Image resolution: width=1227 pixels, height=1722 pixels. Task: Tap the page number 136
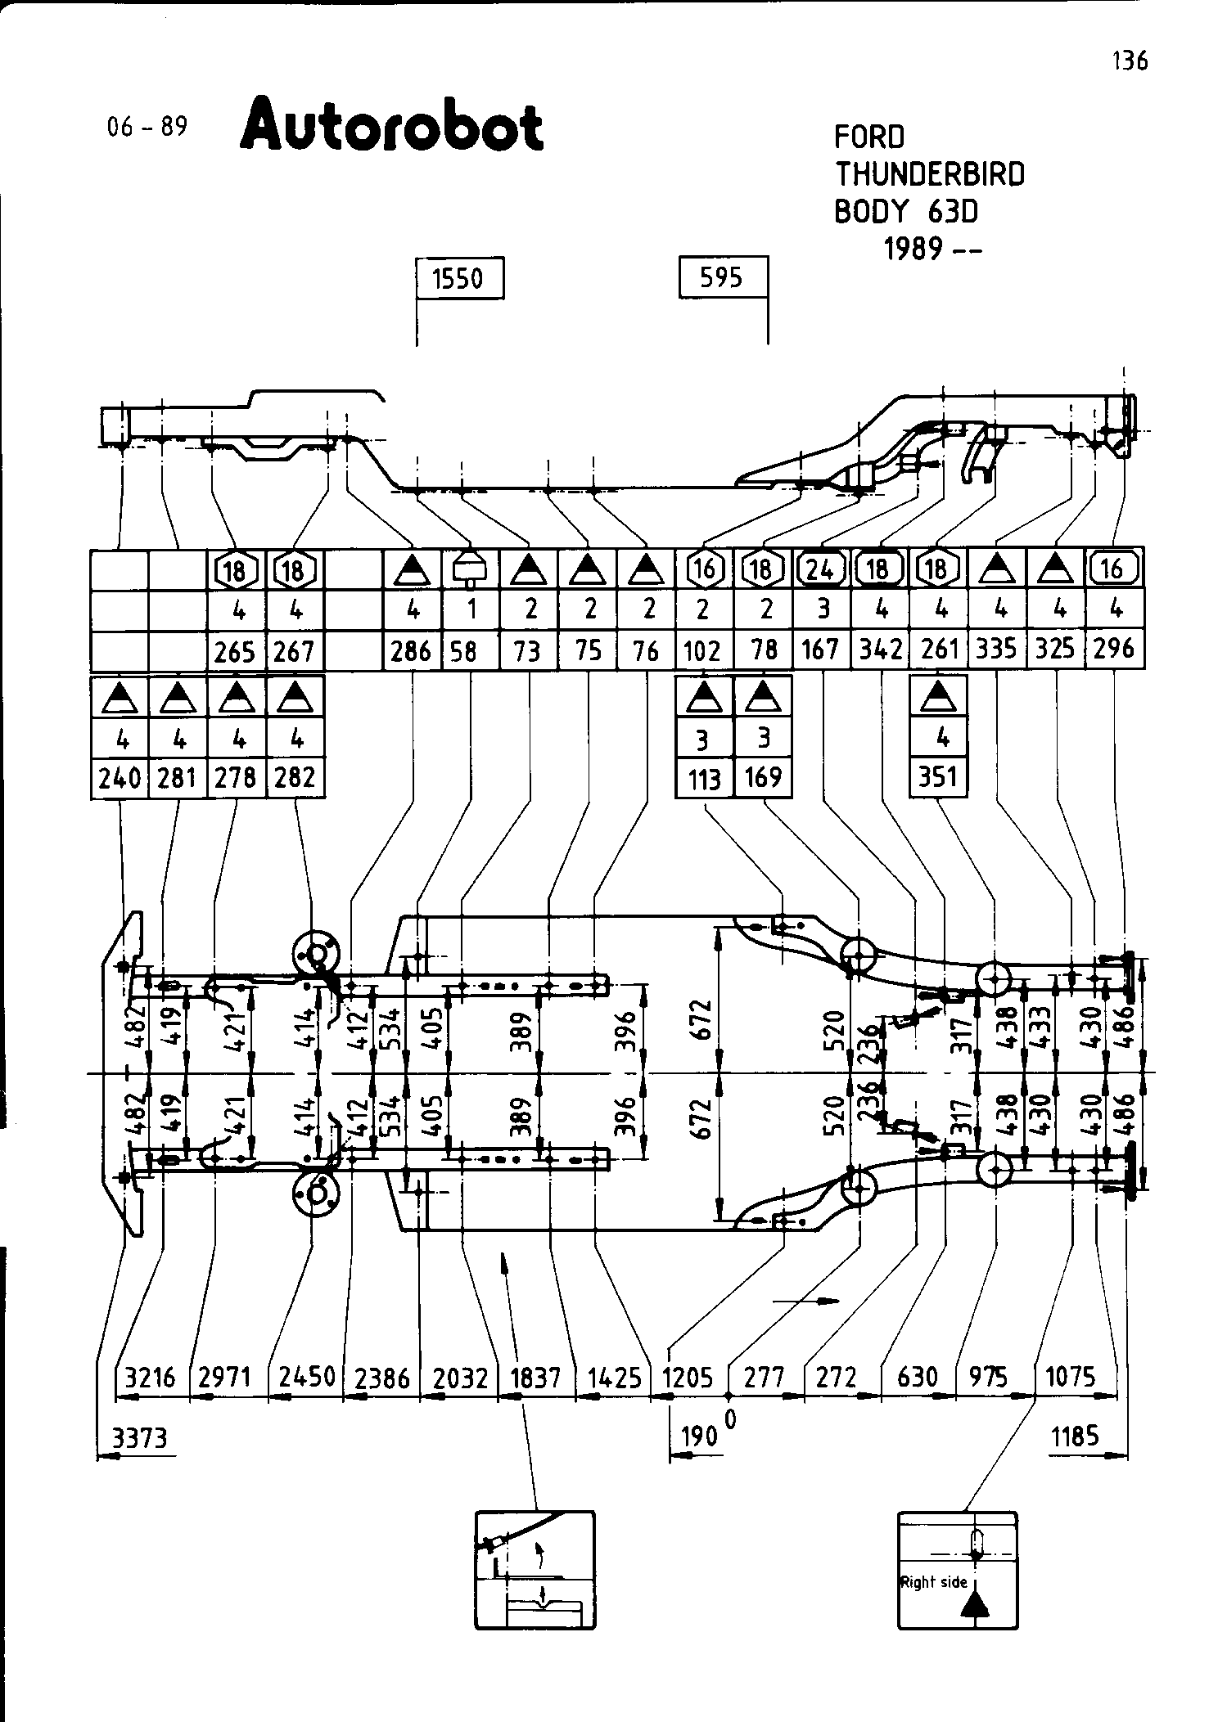click(1130, 61)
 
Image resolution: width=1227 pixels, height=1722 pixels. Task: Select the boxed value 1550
click(458, 279)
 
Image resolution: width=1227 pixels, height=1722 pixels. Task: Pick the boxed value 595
click(722, 278)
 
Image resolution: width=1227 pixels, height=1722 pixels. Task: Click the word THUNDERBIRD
click(929, 174)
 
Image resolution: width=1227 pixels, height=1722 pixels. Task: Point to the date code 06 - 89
click(147, 127)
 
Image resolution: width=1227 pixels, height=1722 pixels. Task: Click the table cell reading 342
click(879, 650)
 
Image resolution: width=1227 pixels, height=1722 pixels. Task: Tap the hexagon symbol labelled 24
click(820, 569)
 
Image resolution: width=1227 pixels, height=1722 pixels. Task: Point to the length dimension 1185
click(1075, 1436)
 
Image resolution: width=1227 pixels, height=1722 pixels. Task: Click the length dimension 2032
click(460, 1378)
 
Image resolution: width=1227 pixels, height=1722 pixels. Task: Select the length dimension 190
click(698, 1437)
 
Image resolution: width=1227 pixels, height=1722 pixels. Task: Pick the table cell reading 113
click(704, 779)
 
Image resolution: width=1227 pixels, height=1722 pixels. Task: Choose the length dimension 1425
click(614, 1378)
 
